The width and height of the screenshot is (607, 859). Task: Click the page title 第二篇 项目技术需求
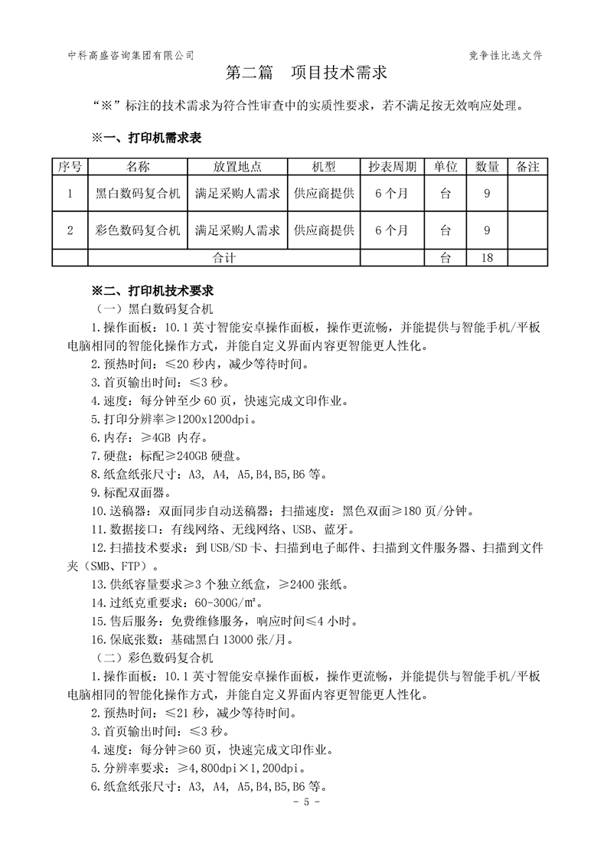coord(305,73)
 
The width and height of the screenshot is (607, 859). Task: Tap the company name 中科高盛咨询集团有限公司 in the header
coord(130,55)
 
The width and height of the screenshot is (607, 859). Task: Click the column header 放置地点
coord(237,167)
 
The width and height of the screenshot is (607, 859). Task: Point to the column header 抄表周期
coord(392,167)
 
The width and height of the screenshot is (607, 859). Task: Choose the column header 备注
coord(528,167)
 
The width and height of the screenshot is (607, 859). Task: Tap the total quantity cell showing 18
coord(488,258)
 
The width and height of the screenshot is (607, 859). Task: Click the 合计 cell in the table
coord(224,258)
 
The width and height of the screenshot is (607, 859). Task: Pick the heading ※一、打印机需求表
coord(147,138)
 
